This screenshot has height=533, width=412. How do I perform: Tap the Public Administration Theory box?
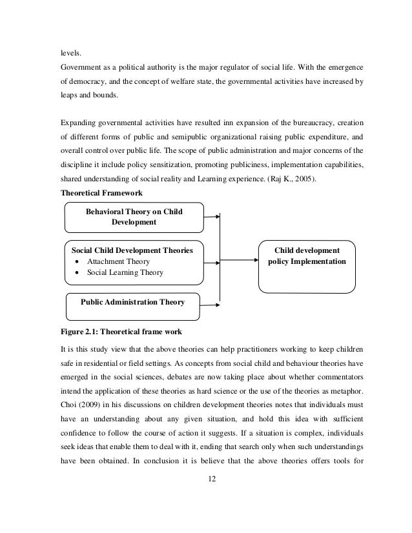(132, 302)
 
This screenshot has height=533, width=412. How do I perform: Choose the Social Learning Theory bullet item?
(125, 272)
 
